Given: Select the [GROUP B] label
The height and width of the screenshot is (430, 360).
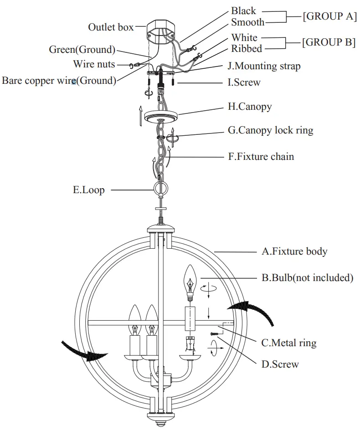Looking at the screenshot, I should [x=329, y=42].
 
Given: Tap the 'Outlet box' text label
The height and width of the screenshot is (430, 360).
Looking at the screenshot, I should [x=111, y=27].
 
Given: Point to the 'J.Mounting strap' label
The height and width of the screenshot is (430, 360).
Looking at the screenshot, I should [x=264, y=66].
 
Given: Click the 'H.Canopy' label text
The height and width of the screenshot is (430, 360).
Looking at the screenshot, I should [x=250, y=107].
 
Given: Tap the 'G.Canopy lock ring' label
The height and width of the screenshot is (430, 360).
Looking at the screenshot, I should [x=270, y=130].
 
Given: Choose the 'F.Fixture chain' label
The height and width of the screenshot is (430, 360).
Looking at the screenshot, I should [x=261, y=156].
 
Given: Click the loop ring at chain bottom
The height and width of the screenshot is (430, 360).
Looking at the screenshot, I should [x=160, y=189].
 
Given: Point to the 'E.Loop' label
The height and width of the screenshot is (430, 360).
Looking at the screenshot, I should [x=88, y=189].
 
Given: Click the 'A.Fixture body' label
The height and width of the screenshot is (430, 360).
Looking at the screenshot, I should [x=294, y=251].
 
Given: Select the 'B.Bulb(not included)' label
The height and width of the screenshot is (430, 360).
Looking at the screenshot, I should [x=307, y=277].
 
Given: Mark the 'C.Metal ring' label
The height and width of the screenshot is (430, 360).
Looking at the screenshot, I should [x=288, y=343].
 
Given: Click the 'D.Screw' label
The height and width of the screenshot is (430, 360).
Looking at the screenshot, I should [x=280, y=364].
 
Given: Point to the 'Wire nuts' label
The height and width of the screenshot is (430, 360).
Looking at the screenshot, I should [x=94, y=64].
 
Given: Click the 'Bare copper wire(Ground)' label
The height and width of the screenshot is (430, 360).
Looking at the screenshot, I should [x=59, y=81].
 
